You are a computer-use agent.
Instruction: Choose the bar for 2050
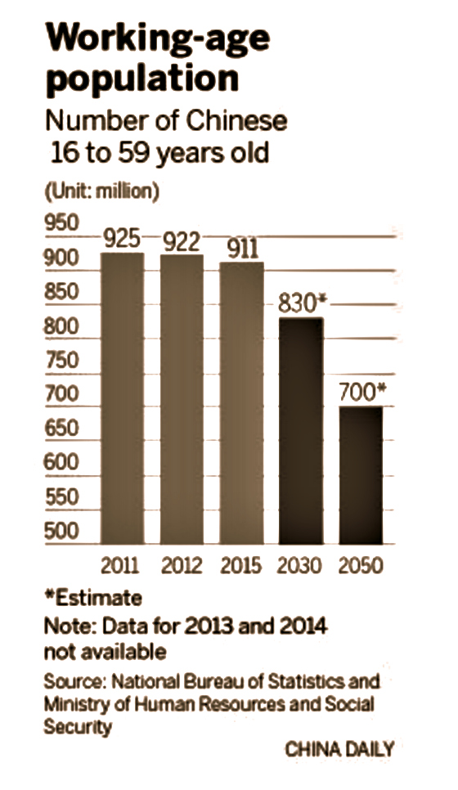click(x=361, y=475)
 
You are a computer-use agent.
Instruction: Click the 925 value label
click(x=123, y=239)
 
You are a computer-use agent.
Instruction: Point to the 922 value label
click(x=182, y=241)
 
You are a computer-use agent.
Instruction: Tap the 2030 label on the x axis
click(x=301, y=563)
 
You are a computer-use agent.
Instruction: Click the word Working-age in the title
click(x=156, y=40)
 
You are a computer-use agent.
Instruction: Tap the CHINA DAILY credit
click(x=339, y=748)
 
